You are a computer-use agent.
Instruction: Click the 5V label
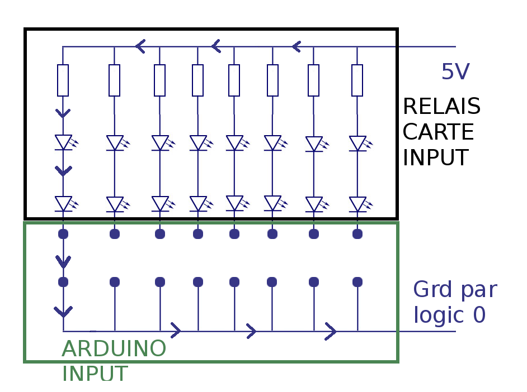455,72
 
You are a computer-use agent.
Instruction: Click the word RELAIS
441,106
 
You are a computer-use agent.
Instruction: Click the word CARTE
438,132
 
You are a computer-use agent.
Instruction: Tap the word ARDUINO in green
114,349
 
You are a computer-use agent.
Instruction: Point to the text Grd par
454,290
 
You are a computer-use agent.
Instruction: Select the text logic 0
449,315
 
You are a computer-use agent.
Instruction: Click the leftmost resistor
63,80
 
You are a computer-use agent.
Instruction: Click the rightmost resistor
357,80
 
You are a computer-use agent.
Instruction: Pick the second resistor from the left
114,80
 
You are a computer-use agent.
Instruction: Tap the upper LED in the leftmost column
63,142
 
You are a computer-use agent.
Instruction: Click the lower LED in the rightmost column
357,204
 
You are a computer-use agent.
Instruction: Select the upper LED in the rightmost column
357,144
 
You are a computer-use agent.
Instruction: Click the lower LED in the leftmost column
63,204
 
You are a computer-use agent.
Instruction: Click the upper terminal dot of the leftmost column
63,234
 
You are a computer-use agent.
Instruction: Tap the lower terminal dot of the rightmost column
357,282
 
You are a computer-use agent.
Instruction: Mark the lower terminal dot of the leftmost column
63,282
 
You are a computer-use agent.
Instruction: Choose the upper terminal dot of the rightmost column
357,234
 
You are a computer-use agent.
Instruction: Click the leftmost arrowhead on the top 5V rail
140,46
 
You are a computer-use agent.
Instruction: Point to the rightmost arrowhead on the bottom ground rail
331,332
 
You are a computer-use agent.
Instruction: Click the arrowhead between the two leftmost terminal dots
63,260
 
